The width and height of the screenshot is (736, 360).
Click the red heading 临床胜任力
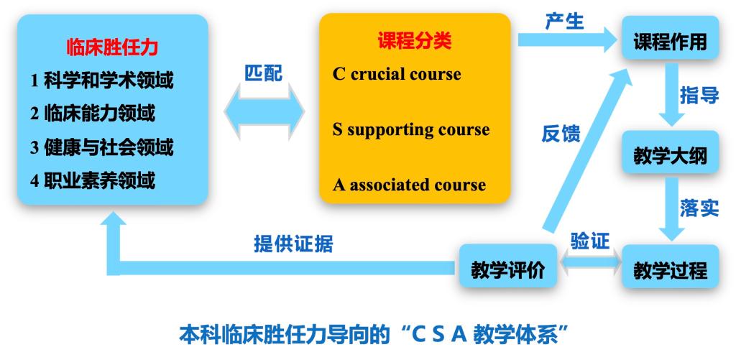[x=112, y=48]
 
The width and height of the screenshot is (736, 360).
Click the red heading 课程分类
[x=415, y=41]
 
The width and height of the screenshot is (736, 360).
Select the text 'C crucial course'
[x=397, y=74]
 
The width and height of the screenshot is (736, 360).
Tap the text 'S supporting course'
[x=410, y=129]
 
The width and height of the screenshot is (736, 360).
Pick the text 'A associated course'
[x=409, y=185]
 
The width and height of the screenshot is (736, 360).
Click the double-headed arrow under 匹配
[x=264, y=111]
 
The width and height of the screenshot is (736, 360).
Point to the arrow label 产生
[x=564, y=21]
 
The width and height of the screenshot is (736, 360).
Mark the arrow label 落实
[x=699, y=208]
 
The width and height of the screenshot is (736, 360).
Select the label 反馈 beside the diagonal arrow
[x=561, y=134]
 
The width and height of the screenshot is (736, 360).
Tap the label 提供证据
[x=293, y=244]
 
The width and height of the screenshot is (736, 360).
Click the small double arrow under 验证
[x=589, y=262]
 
